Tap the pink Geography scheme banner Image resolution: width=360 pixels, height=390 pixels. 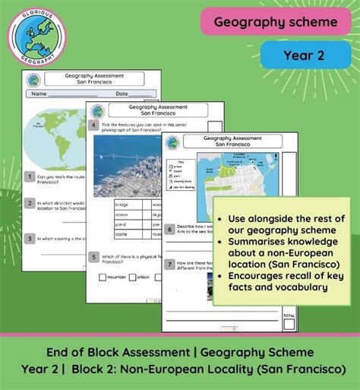pos(275,23)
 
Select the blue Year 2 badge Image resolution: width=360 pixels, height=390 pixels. pos(306,55)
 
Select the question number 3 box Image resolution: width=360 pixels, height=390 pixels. pos(28,238)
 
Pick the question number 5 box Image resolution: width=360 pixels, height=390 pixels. pos(93,257)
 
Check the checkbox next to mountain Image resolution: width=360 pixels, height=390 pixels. pos(101,277)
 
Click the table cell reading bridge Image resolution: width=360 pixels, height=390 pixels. pos(125,205)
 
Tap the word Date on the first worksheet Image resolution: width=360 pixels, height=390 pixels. pos(122,94)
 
